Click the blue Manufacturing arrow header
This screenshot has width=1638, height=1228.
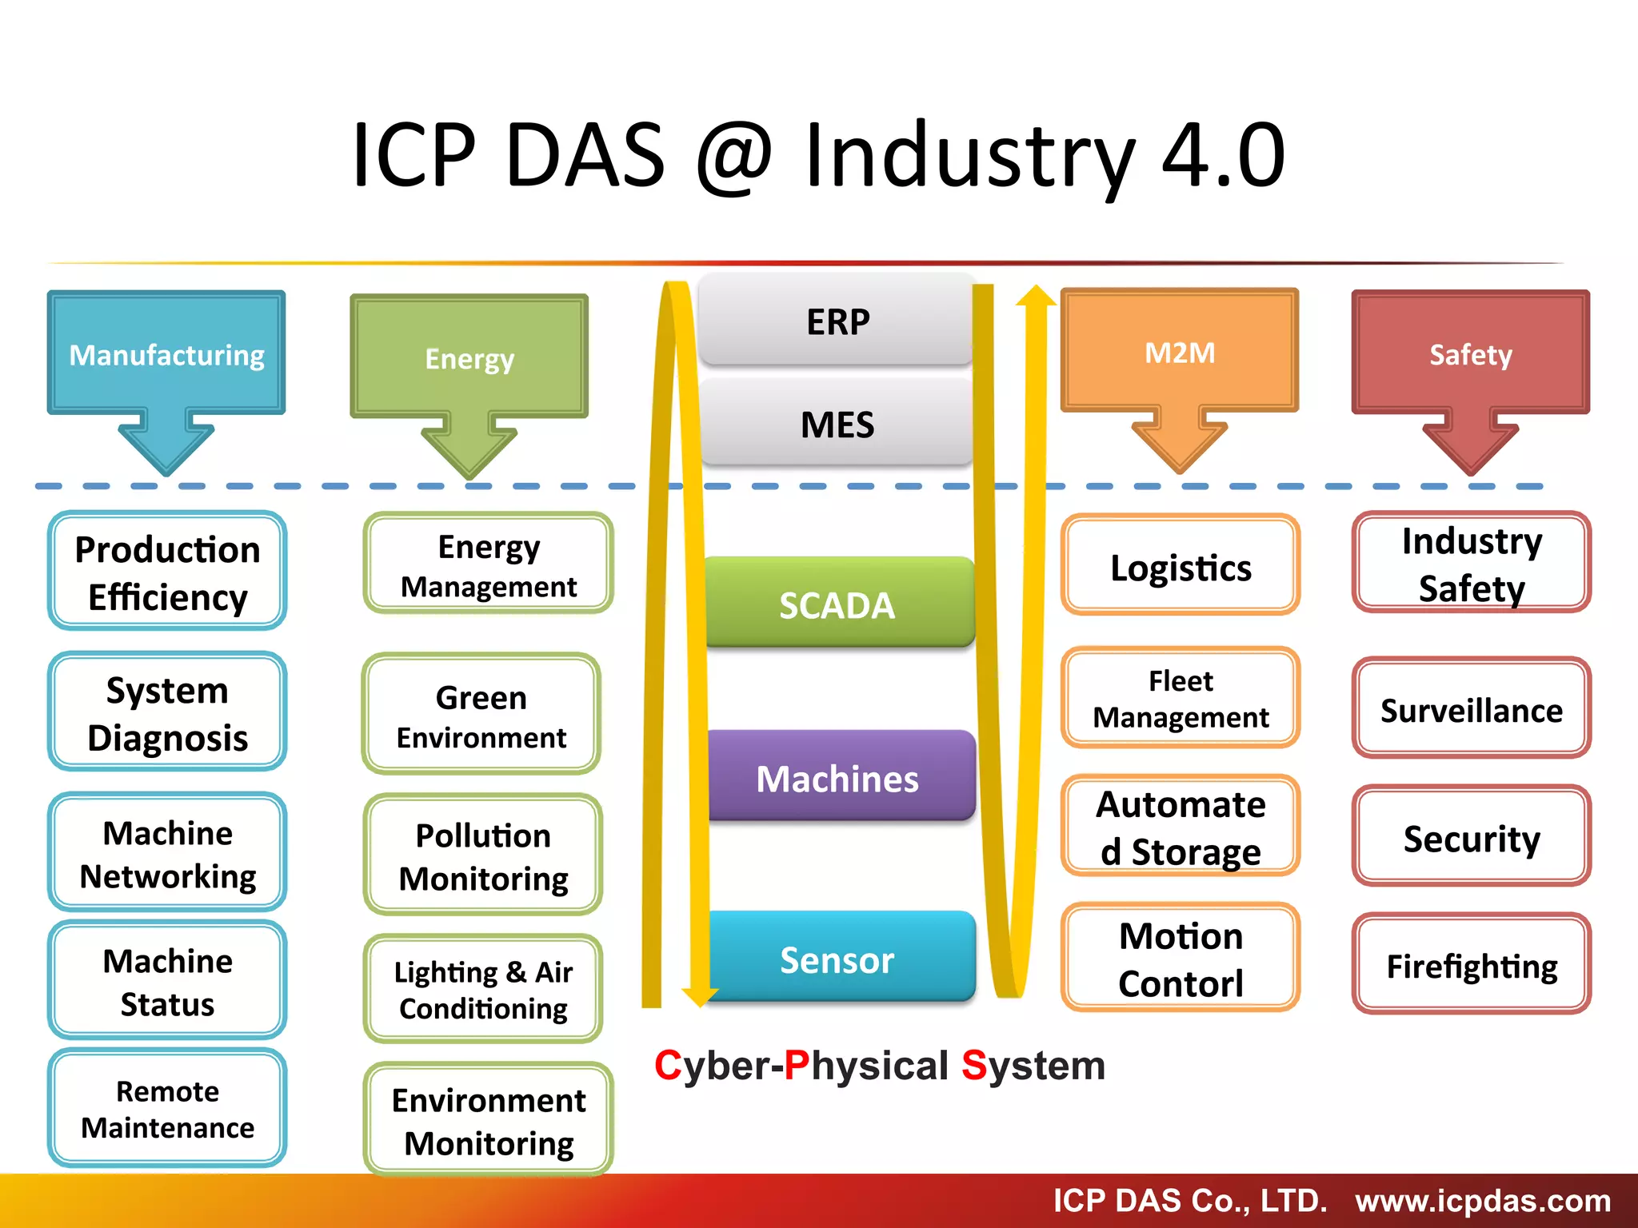point(166,355)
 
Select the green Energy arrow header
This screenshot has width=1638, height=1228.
point(469,359)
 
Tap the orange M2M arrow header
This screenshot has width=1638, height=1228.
point(1180,353)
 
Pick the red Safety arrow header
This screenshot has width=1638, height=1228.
point(1471,354)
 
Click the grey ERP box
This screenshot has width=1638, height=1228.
point(837,321)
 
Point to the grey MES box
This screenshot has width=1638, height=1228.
point(837,424)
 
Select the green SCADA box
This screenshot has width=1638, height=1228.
point(837,604)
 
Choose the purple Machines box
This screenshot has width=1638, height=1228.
point(837,778)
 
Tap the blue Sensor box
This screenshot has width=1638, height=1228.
point(837,959)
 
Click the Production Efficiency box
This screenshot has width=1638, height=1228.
point(167,572)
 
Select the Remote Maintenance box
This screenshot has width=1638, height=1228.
point(167,1109)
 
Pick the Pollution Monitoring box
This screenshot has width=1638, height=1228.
point(483,856)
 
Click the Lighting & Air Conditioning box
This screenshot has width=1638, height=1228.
point(483,990)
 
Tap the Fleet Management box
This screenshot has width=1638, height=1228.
point(1181,699)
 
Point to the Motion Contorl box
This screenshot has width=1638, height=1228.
point(1181,959)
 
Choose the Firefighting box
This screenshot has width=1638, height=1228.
point(1472,966)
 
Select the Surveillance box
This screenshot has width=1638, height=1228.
point(1472,710)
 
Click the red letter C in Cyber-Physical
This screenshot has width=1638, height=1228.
point(668,1066)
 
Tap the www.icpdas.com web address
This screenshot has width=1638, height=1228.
point(1483,1201)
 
